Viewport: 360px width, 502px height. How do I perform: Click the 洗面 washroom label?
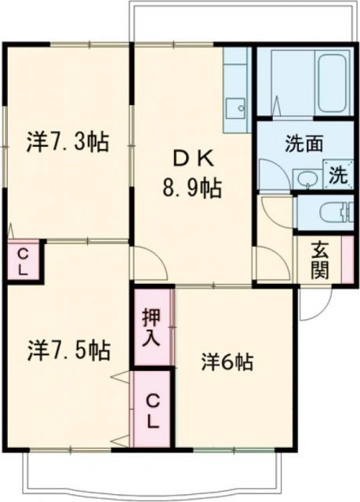click(x=304, y=144)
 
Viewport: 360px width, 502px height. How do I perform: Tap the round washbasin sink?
click(x=307, y=180)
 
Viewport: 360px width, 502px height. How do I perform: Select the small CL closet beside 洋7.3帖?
click(x=23, y=261)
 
